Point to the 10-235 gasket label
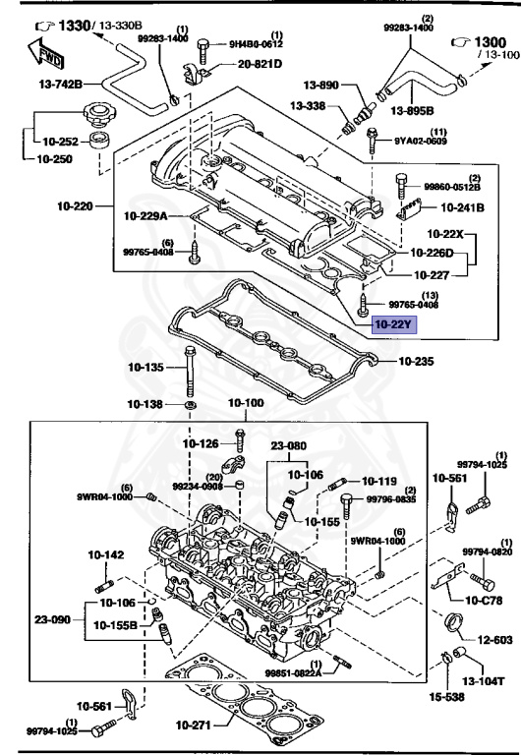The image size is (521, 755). pyautogui.click(x=416, y=361)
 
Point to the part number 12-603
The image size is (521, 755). pyautogui.click(x=495, y=640)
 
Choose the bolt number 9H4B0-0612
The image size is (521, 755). pyautogui.click(x=257, y=44)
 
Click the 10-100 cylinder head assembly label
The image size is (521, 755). pyautogui.click(x=246, y=403)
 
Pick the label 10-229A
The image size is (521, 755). pyautogui.click(x=146, y=214)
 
